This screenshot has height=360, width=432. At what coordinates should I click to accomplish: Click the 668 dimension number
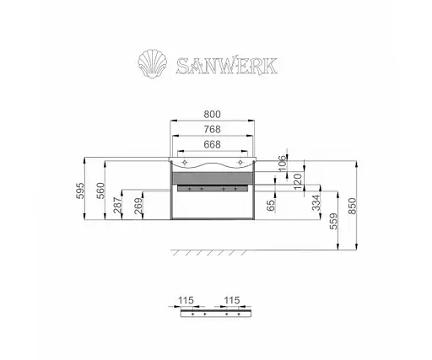213,144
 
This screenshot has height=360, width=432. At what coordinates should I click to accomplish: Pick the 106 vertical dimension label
282,164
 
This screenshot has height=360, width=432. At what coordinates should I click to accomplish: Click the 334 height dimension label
314,205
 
